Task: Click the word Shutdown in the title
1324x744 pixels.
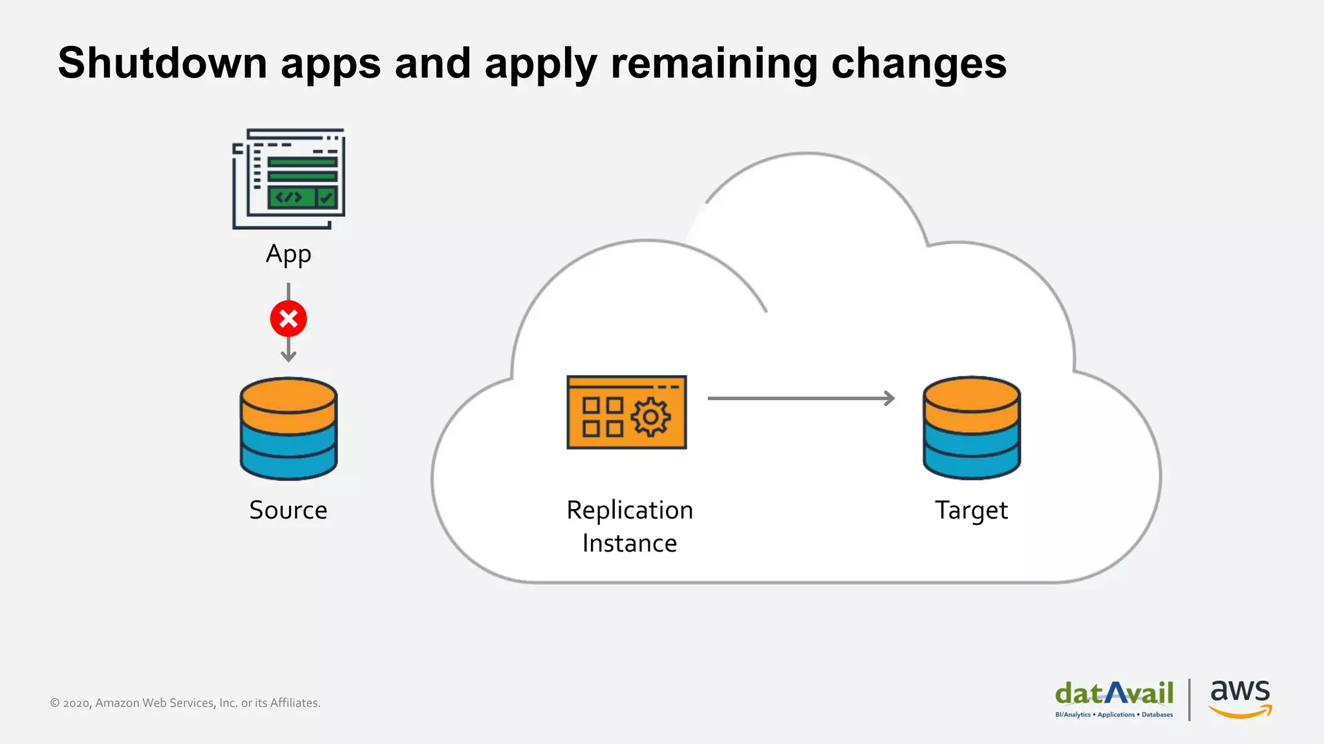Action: point(162,63)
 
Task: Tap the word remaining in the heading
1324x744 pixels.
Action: point(714,63)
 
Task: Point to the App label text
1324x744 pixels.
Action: point(288,254)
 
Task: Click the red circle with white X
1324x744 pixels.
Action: point(288,318)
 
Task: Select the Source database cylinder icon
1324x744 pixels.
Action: point(288,428)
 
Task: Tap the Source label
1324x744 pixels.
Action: point(288,510)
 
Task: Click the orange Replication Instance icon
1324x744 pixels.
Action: point(626,412)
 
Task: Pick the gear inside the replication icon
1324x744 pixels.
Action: point(650,417)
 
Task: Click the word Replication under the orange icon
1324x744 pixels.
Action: point(630,510)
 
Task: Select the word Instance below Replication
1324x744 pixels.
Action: point(630,543)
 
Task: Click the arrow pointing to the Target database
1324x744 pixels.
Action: point(801,398)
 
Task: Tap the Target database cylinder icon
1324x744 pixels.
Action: point(971,428)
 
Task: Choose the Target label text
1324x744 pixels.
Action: point(971,510)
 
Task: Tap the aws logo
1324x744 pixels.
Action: point(1240,697)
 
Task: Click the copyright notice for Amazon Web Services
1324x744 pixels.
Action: point(185,703)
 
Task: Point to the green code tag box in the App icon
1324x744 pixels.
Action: point(291,197)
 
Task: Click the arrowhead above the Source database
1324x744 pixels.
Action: point(288,356)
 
